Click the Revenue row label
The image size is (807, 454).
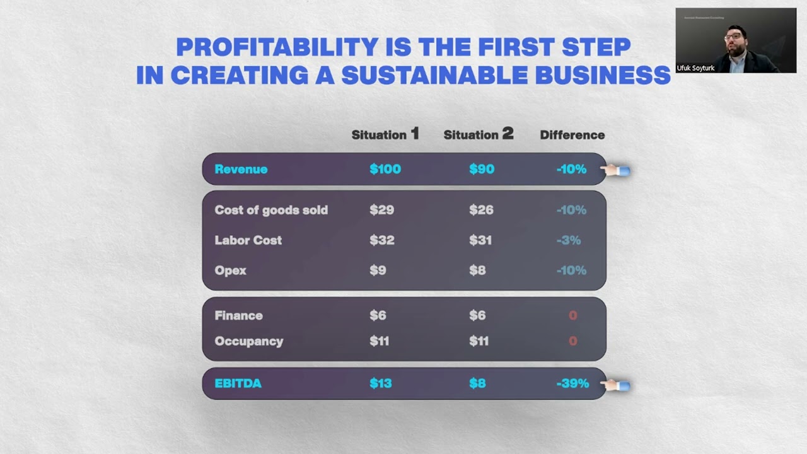(x=241, y=169)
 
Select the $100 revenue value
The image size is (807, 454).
(x=385, y=169)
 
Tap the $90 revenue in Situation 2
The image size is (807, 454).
(x=482, y=169)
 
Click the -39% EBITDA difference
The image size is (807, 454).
(x=572, y=383)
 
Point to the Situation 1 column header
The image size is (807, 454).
(x=385, y=134)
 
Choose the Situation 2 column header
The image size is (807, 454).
(x=478, y=134)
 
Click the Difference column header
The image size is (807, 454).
(x=572, y=135)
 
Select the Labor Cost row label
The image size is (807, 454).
(x=248, y=240)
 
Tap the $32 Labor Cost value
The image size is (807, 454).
(x=381, y=240)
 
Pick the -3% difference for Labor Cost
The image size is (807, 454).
(x=568, y=240)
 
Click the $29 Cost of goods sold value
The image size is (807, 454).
(x=381, y=210)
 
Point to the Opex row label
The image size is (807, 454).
(x=230, y=271)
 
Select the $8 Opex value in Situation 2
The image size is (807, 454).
(x=477, y=271)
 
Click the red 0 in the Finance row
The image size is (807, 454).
(x=572, y=315)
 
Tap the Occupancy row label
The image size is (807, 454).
(x=248, y=341)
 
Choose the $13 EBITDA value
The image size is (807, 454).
(x=380, y=383)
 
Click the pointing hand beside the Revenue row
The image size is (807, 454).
(x=615, y=170)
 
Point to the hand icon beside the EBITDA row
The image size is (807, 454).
(x=615, y=385)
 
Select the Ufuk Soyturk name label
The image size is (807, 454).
(x=695, y=68)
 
